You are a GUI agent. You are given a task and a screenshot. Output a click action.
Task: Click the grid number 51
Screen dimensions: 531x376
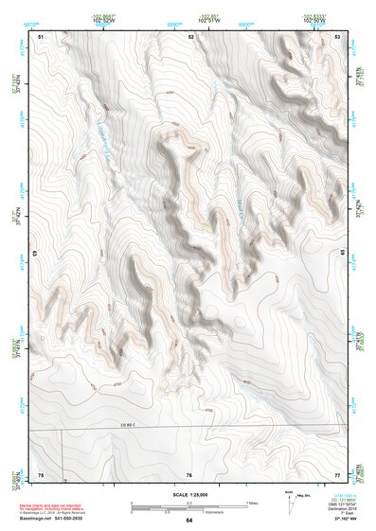pos(41,35)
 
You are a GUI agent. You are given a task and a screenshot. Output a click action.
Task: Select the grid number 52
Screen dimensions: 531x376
pos(191,35)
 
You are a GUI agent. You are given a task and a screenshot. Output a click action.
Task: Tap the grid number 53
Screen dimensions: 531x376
pos(338,35)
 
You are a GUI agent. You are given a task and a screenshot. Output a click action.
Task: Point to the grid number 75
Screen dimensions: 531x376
pos(41,474)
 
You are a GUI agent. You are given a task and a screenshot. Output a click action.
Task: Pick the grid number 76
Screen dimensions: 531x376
pos(189,474)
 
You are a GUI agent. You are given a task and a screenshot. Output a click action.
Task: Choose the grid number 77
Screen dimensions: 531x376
pos(337,474)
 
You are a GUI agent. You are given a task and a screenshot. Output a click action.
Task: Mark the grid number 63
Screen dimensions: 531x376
pos(36,254)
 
